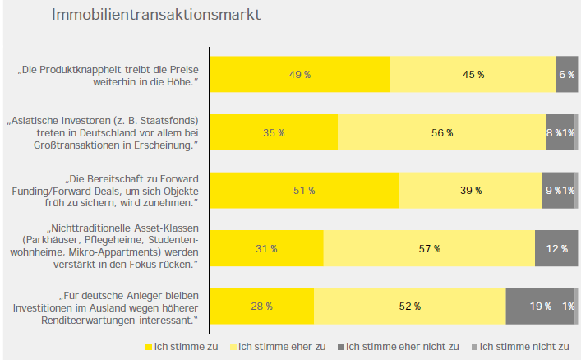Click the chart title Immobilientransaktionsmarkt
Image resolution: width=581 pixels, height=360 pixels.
coord(157,15)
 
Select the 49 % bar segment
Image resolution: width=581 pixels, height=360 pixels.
coord(299,75)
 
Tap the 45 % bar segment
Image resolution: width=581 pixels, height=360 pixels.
coord(473,75)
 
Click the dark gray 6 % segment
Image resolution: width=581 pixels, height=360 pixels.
coord(567,75)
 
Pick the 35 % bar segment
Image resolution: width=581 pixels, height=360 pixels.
coord(274,132)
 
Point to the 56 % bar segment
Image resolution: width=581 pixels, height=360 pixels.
coord(441,132)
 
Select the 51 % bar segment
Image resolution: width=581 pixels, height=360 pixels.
coord(304,191)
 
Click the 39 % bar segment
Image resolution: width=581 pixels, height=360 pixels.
coord(470,191)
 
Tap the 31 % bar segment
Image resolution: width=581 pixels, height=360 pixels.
coord(266,248)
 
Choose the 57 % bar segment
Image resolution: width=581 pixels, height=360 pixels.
coord(429,248)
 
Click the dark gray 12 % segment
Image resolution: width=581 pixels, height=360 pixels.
coord(556,248)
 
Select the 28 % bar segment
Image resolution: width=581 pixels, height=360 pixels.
coord(261,307)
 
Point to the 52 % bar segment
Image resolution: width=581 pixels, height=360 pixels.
coord(409,307)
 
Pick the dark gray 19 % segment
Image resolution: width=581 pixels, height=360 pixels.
coord(540,307)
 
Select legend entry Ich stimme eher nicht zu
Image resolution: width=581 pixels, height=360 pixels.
coord(398,346)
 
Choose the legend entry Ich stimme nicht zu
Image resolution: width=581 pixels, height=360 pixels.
coord(523,346)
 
